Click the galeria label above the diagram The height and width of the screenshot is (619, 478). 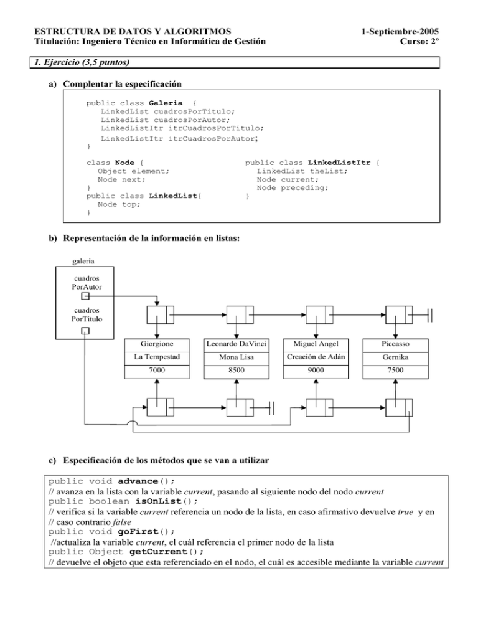85,262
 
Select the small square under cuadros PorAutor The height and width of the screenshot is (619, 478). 85,298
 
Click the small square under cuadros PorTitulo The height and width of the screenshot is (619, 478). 85,330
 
